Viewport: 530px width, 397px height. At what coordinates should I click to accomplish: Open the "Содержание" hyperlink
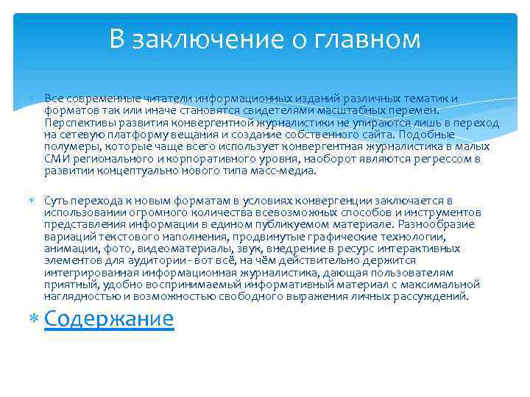(x=109, y=318)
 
